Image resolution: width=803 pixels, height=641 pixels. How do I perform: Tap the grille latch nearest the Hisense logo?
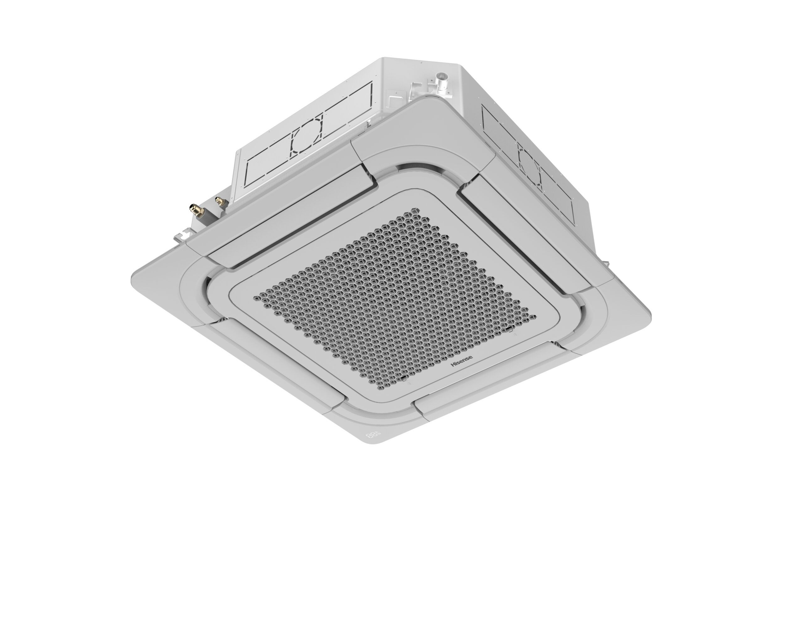pyautogui.click(x=404, y=379)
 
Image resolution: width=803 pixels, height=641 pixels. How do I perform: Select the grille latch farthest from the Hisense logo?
pyautogui.click(x=509, y=329)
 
